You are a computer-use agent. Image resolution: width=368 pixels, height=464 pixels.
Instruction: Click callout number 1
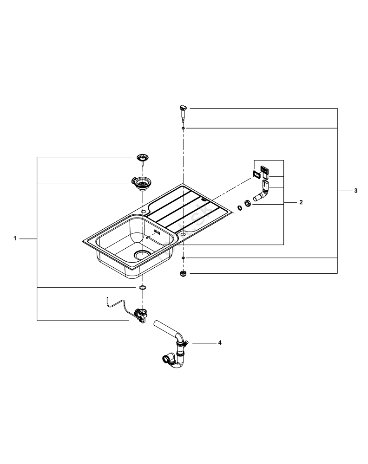(x=15, y=238)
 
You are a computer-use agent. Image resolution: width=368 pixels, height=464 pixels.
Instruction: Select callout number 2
(x=301, y=203)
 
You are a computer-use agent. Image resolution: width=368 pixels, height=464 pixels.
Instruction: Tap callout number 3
(x=355, y=191)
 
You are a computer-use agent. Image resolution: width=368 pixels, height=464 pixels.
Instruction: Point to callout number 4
(x=220, y=343)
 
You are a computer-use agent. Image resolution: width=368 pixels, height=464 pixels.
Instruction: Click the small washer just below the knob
(x=184, y=128)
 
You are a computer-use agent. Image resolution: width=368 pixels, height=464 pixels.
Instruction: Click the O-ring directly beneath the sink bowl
(x=142, y=288)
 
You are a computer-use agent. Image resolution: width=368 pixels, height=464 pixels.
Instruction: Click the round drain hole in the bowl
(x=142, y=254)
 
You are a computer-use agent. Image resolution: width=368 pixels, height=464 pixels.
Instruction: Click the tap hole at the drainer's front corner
(x=183, y=235)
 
